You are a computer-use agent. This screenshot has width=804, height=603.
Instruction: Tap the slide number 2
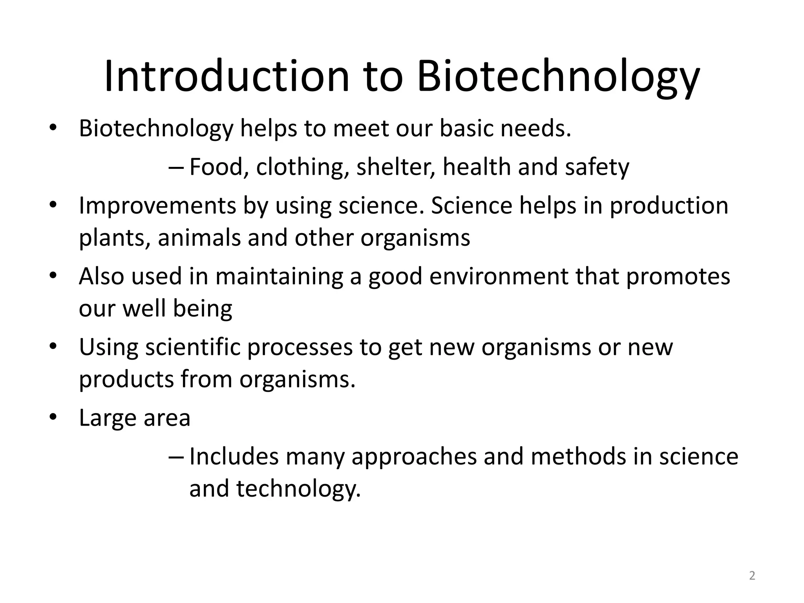coord(752,576)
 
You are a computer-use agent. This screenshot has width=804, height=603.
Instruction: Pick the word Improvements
coord(158,205)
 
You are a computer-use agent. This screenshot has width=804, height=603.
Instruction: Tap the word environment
coord(499,276)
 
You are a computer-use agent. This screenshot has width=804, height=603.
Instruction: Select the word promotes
coord(678,276)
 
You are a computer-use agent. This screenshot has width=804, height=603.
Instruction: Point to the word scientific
coord(192,347)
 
